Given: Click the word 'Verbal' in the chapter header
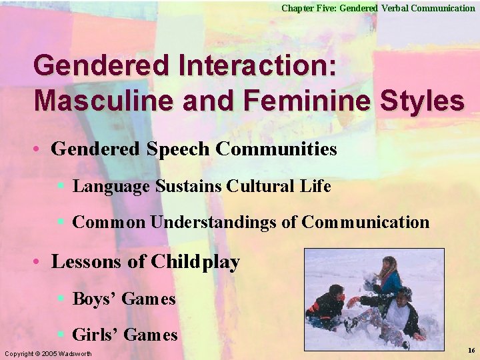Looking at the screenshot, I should [x=398, y=8].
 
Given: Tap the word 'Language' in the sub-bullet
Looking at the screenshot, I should [x=111, y=186].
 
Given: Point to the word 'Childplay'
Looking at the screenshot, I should [x=195, y=262].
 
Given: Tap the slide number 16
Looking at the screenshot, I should [x=471, y=350].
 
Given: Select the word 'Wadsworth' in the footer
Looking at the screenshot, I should [x=76, y=353].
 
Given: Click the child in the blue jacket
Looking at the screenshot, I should [x=388, y=277].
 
